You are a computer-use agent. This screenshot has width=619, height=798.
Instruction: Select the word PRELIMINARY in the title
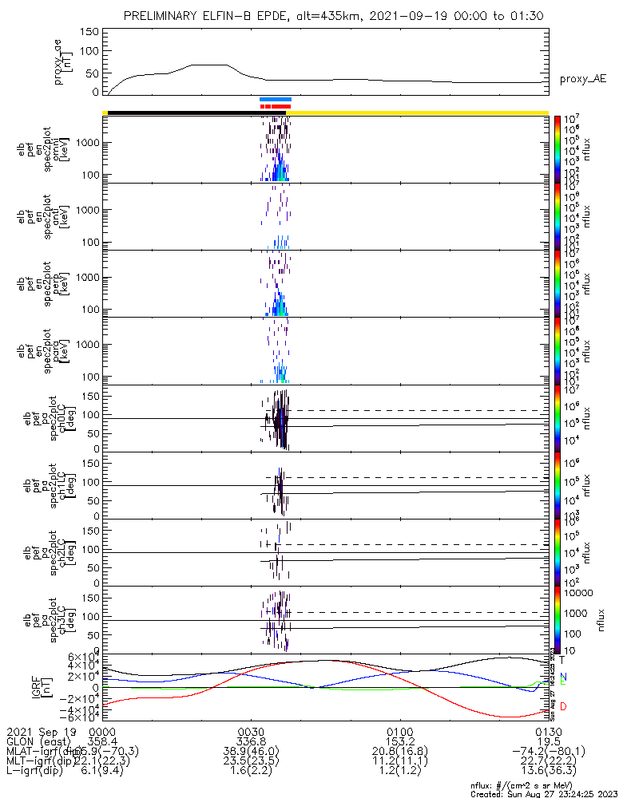click(164, 16)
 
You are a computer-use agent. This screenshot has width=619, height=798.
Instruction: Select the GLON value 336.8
click(251, 741)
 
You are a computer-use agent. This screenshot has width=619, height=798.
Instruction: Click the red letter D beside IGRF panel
click(563, 706)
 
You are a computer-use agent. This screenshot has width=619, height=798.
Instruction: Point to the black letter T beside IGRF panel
click(562, 660)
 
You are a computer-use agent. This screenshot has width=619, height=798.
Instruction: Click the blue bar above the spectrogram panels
click(276, 99)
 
